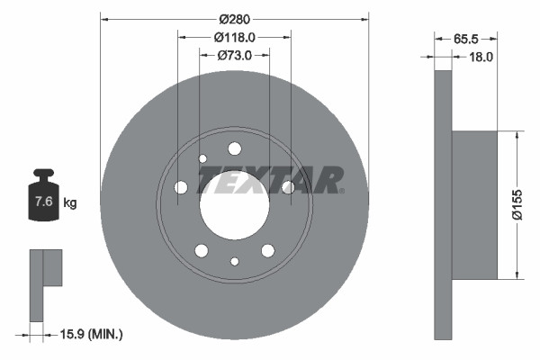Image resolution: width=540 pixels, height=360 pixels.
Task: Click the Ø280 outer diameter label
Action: [x=234, y=17]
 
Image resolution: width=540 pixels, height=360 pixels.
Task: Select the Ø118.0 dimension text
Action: [x=234, y=37]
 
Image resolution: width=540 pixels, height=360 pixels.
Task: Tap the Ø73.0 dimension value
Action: [x=234, y=56]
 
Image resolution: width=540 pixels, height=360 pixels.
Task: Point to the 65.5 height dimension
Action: [x=464, y=39]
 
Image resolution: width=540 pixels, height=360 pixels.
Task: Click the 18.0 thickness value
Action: [x=481, y=57]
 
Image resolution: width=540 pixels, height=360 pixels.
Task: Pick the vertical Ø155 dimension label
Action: [x=517, y=204]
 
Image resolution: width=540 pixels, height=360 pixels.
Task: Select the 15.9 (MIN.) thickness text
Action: [x=88, y=334]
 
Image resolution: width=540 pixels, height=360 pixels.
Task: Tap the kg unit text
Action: [x=70, y=203]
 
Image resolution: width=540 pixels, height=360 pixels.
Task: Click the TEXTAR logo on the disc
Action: [x=270, y=180]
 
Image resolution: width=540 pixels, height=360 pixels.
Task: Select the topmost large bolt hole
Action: [x=235, y=148]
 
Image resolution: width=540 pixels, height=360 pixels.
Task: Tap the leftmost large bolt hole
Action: [x=181, y=187]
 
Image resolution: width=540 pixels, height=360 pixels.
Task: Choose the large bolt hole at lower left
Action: [x=202, y=250]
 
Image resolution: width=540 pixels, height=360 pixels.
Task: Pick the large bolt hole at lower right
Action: [x=268, y=250]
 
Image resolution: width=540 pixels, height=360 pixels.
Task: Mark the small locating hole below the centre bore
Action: [x=235, y=262]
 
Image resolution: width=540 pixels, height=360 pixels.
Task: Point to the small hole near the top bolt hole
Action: [x=202, y=158]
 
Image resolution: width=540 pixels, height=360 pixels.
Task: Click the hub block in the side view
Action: [x=474, y=205]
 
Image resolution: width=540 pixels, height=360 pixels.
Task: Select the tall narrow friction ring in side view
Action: [x=443, y=205]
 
